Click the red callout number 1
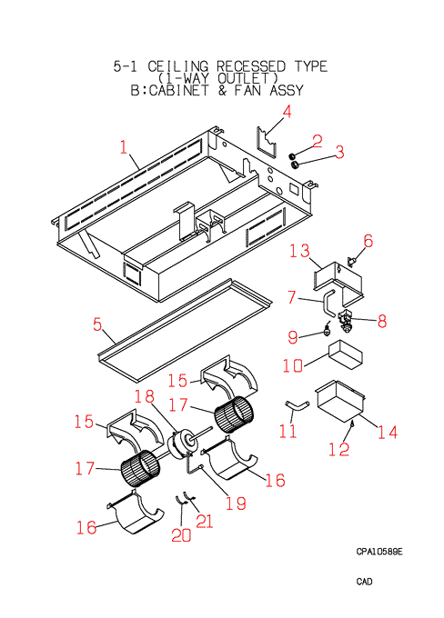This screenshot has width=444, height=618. (x=124, y=147)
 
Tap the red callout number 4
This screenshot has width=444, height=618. (x=287, y=112)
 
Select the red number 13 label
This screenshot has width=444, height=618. (x=299, y=251)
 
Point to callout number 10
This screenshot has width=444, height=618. (x=292, y=365)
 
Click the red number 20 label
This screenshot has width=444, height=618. (x=181, y=534)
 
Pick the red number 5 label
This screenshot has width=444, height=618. (x=97, y=324)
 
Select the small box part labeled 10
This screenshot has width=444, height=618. (x=346, y=354)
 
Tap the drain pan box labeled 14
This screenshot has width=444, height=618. (x=340, y=401)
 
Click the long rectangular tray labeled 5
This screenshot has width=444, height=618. (x=185, y=331)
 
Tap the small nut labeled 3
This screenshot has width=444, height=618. (x=294, y=164)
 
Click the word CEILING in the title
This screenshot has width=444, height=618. (x=177, y=66)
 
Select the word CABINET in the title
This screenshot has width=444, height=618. (x=178, y=90)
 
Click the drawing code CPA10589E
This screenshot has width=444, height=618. (x=379, y=552)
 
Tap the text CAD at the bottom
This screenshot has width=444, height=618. (x=364, y=582)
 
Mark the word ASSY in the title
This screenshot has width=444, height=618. (x=287, y=90)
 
